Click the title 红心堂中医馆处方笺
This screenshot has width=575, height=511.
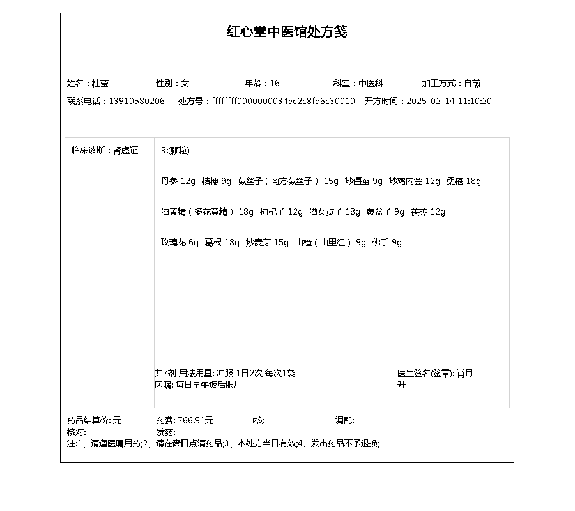[287, 32]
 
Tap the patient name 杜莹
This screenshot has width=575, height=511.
[100, 83]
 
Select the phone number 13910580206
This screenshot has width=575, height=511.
[137, 101]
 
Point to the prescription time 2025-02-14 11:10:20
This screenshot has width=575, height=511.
[449, 101]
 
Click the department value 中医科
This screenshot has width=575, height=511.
[371, 83]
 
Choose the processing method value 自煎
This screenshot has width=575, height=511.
[472, 83]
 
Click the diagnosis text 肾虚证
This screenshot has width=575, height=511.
[126, 151]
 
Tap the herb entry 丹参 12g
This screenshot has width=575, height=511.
[178, 181]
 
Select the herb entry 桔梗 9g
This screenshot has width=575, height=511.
[217, 181]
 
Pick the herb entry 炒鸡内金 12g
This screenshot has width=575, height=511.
[415, 181]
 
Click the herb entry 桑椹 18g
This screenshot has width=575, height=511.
[464, 181]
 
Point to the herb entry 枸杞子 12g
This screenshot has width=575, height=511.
[282, 212]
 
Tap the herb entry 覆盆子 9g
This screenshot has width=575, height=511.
[386, 212]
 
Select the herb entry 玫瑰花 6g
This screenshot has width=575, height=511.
[180, 243]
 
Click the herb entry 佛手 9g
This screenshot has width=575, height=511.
[387, 243]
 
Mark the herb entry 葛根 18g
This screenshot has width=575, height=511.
[222, 243]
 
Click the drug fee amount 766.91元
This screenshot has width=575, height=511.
[195, 420]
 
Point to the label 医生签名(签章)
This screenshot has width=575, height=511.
[425, 373]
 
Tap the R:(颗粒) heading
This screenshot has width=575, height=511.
[175, 151]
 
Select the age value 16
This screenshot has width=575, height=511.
[275, 83]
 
